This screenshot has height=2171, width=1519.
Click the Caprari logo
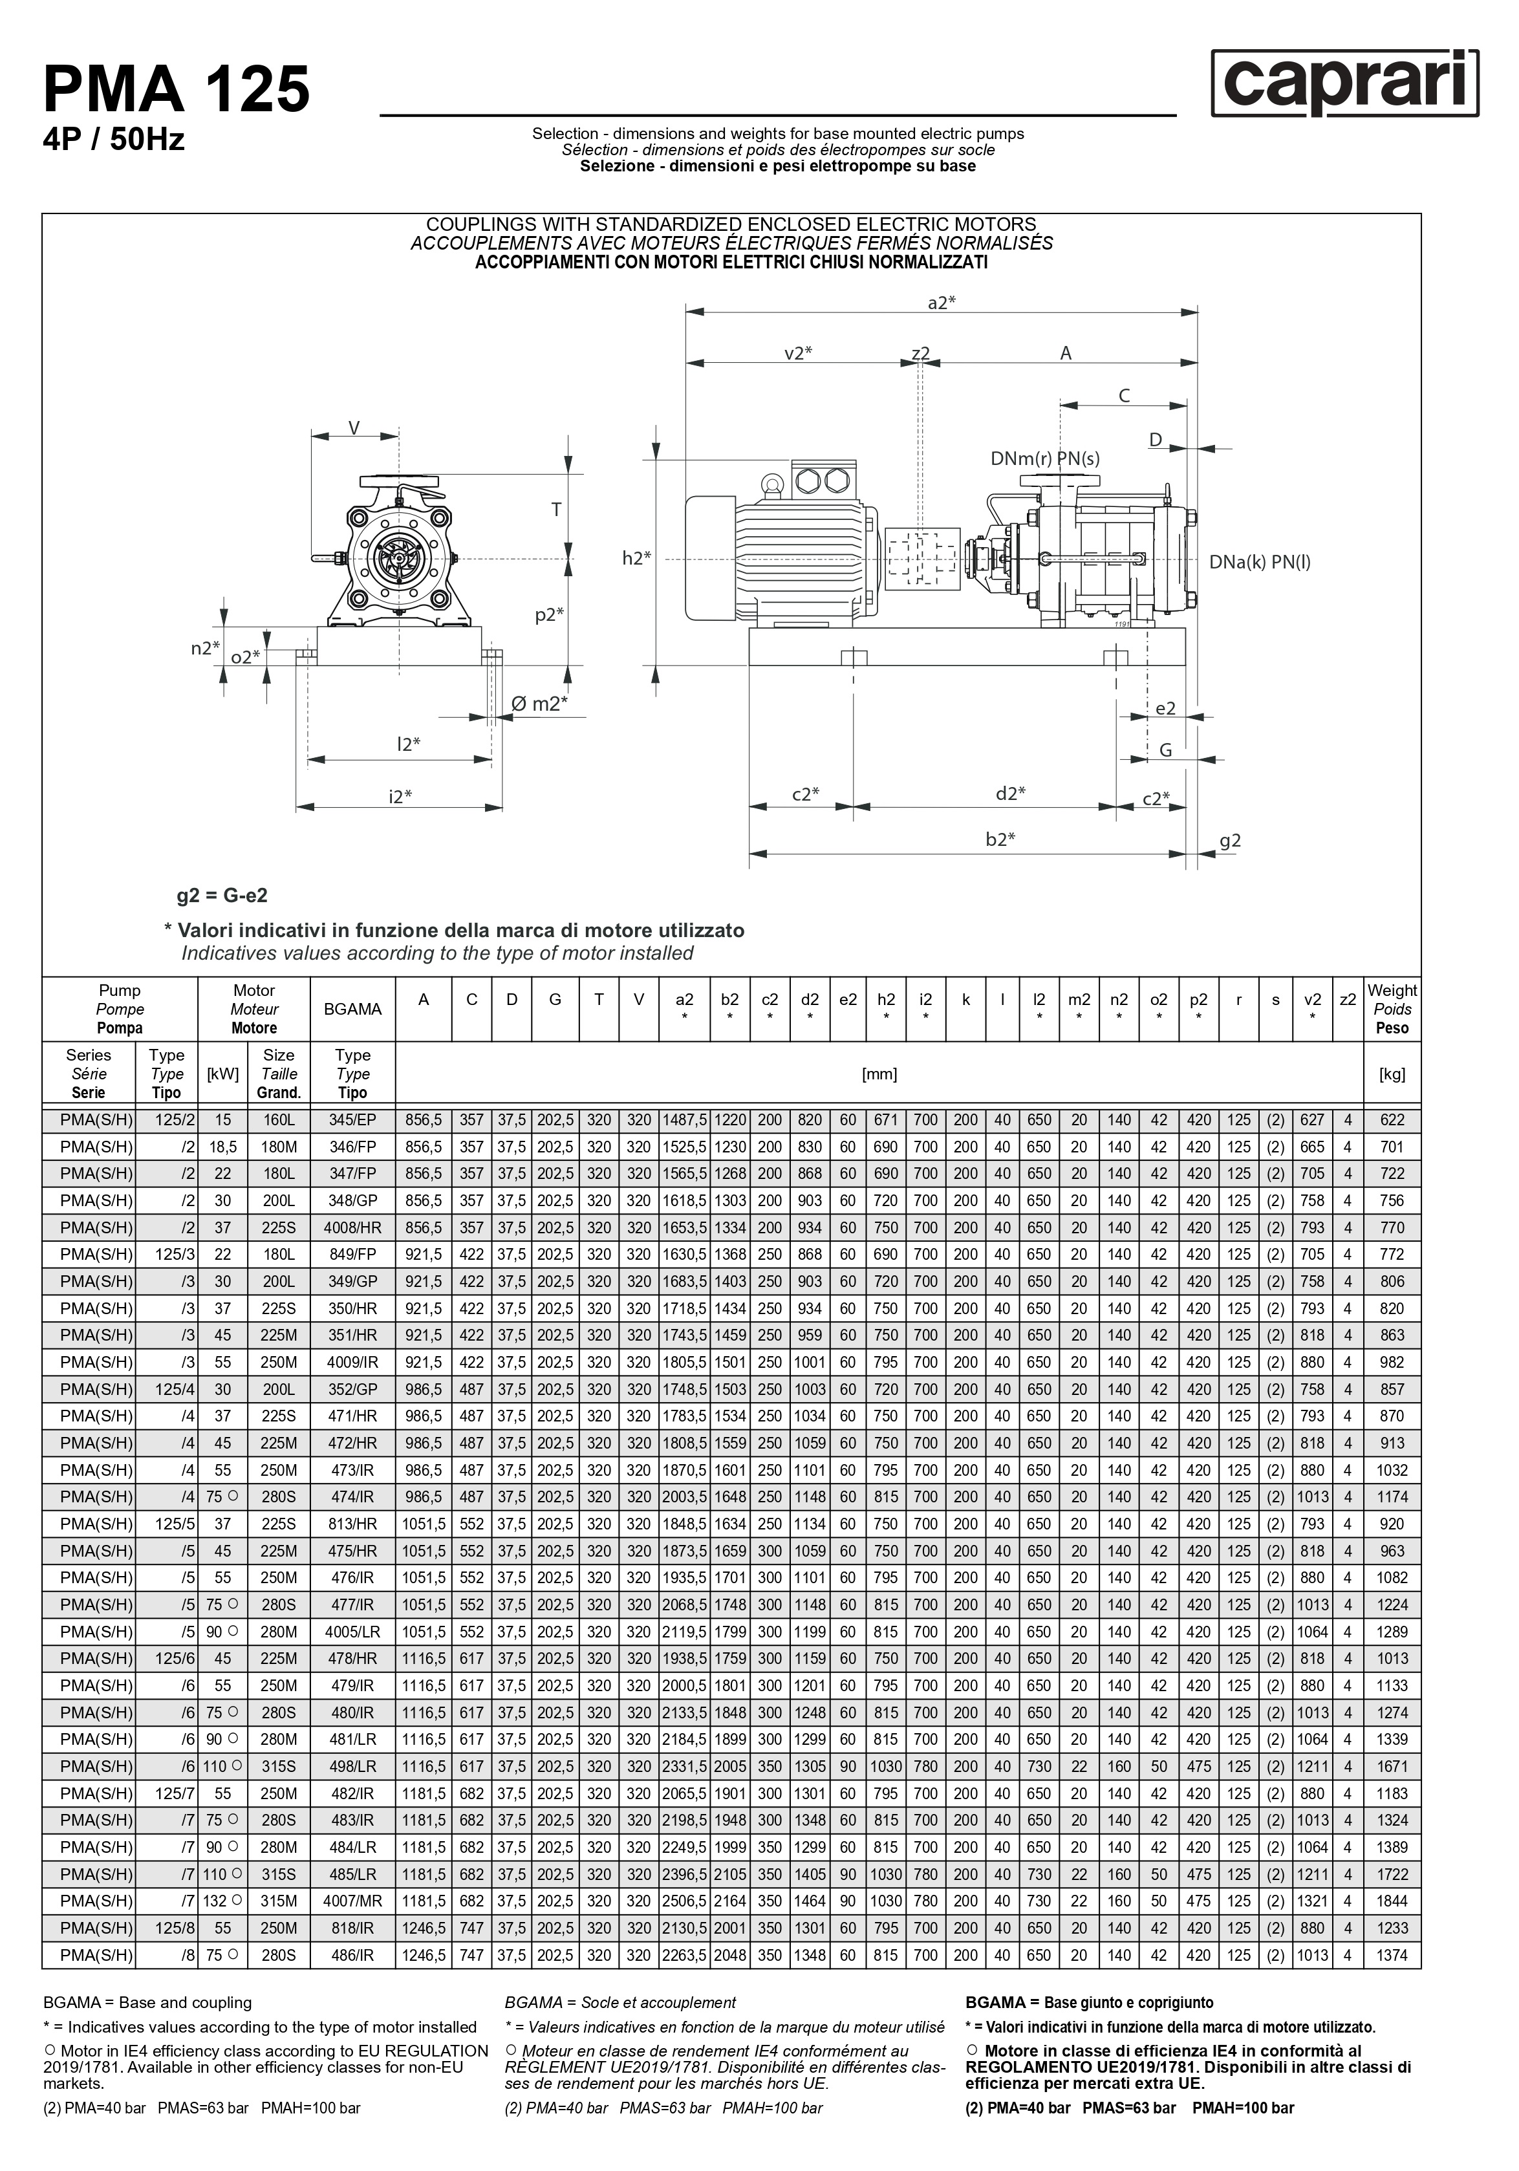pyautogui.click(x=1344, y=83)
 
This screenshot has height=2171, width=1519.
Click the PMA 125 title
pyautogui.click(x=177, y=90)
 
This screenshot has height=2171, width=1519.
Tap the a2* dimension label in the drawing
pyautogui.click(x=942, y=303)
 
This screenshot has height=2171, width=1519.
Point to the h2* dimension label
pyautogui.click(x=637, y=558)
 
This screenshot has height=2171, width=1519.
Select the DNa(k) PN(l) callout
pyautogui.click(x=1260, y=561)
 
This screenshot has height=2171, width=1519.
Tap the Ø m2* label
pyautogui.click(x=539, y=704)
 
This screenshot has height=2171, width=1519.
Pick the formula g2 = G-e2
pyautogui.click(x=222, y=894)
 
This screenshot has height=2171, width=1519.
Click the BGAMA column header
pyautogui.click(x=352, y=1009)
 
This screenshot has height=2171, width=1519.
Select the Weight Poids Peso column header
pyautogui.click(x=1392, y=1009)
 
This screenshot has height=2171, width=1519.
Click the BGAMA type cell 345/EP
pyautogui.click(x=352, y=1119)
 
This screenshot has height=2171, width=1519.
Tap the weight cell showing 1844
pyautogui.click(x=1392, y=1901)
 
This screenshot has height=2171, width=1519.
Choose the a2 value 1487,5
pyautogui.click(x=684, y=1119)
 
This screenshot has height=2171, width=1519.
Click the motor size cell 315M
pyautogui.click(x=279, y=1901)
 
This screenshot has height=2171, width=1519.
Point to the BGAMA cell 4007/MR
pyautogui.click(x=352, y=1901)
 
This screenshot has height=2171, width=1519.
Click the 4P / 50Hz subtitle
pyautogui.click(x=113, y=140)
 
